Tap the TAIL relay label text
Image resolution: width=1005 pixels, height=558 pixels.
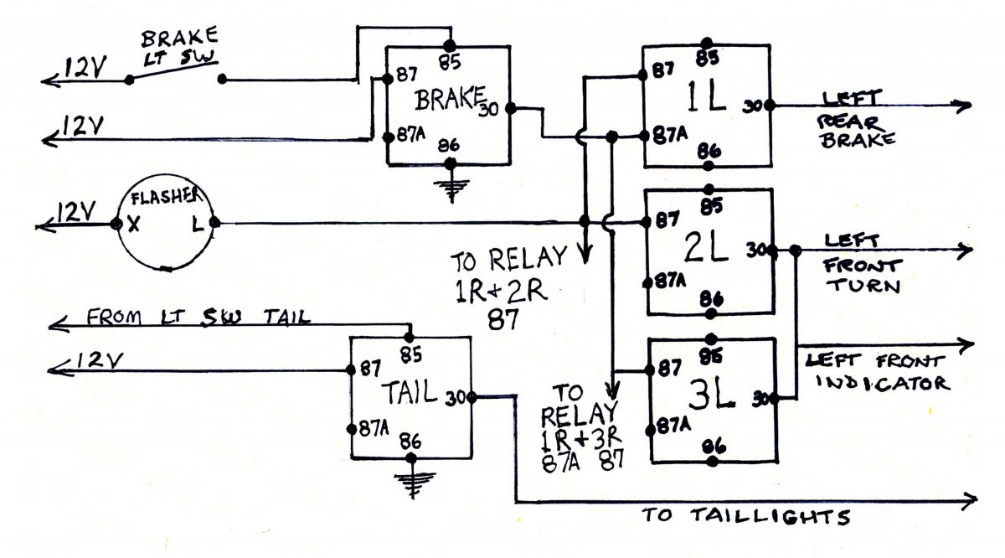[411, 394]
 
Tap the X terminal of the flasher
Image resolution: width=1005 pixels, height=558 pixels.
[131, 225]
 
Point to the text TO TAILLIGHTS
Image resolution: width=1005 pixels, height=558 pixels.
[747, 514]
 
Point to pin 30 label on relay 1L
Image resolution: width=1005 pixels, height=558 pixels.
[751, 106]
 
